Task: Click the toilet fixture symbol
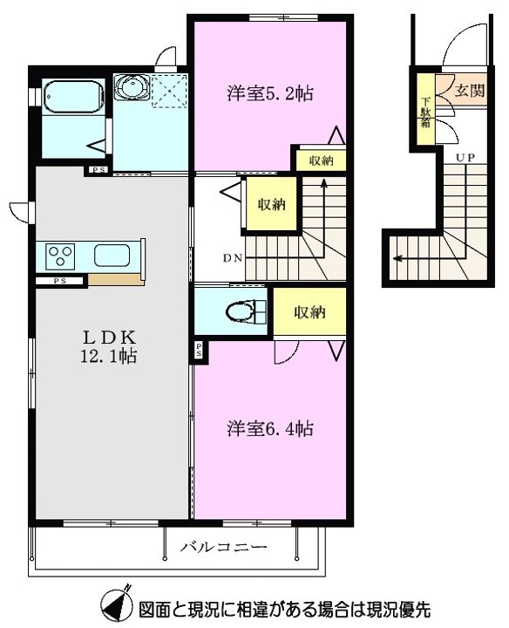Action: coord(246,311)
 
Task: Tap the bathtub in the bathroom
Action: coord(73,97)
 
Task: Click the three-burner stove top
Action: coord(61,256)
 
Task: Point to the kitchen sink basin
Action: coord(112,256)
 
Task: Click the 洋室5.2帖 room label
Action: coord(270,93)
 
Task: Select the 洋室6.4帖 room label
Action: coord(270,428)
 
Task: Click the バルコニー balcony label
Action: coord(223,547)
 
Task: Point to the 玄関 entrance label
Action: coord(470,91)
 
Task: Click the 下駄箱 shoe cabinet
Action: coord(426,109)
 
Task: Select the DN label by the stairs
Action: coord(233,258)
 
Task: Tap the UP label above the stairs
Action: coord(465,158)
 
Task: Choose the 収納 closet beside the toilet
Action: coord(309,311)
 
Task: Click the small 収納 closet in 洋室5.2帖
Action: coord(321,160)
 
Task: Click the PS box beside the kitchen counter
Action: coord(60,281)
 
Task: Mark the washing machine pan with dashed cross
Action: coord(169,91)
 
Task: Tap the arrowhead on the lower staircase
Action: coord(397,258)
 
